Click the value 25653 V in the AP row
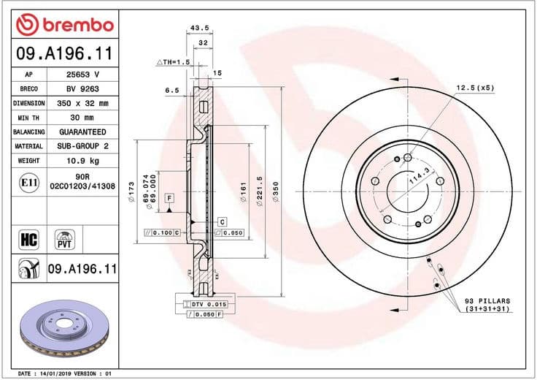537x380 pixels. point(82,75)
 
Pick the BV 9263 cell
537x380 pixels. point(82,89)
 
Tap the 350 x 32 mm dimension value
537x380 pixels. point(82,104)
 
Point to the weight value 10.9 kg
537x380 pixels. point(82,159)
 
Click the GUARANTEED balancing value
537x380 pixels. point(82,132)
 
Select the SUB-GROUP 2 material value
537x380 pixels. point(82,145)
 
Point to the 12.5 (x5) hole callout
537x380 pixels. point(475,88)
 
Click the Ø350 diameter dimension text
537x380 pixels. point(275,191)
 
